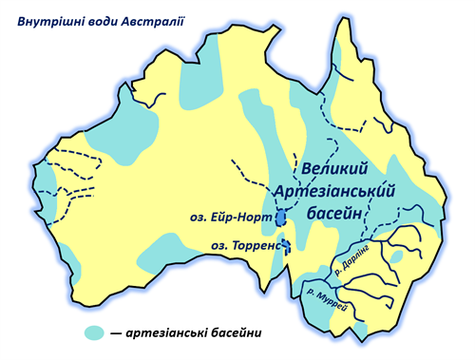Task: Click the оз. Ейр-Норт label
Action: click(x=230, y=217)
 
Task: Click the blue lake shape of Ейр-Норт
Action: click(x=281, y=218)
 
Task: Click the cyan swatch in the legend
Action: click(x=94, y=332)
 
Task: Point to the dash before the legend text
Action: click(x=115, y=332)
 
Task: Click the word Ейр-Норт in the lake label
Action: click(x=241, y=217)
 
